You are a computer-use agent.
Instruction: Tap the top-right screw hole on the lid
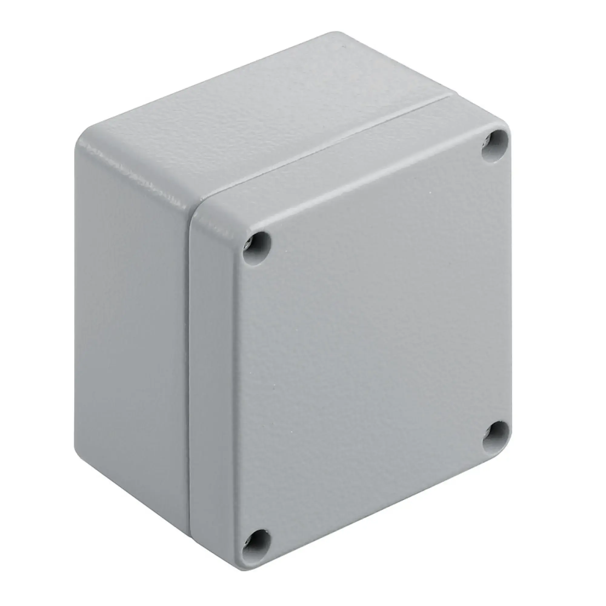(495, 146)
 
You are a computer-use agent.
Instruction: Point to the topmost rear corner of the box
(337, 33)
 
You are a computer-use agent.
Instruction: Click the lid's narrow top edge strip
(361, 163)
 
